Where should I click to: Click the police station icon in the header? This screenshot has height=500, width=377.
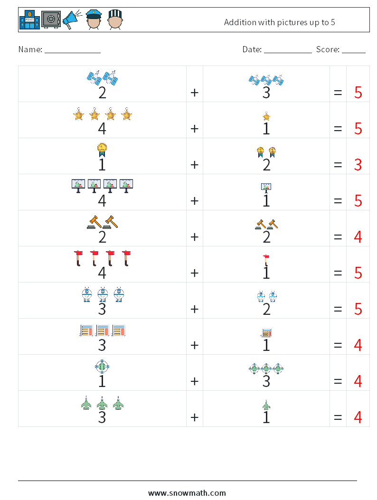click(29, 20)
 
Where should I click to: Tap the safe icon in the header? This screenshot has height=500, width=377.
click(51, 20)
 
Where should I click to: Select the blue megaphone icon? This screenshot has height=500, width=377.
click(72, 20)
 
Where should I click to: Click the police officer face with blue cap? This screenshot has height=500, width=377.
click(94, 20)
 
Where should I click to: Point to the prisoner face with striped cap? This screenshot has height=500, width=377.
click(115, 20)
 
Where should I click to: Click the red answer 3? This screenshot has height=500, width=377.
click(358, 165)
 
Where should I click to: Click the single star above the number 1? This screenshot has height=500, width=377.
click(266, 116)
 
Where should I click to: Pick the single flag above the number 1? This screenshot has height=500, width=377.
click(266, 260)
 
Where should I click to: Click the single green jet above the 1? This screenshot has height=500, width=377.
click(266, 405)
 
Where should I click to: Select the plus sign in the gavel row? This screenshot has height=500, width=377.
click(194, 236)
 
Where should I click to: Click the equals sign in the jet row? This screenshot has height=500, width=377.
click(338, 417)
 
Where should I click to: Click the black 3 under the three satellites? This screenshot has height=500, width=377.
click(266, 93)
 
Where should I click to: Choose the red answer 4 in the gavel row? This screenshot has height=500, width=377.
click(358, 236)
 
